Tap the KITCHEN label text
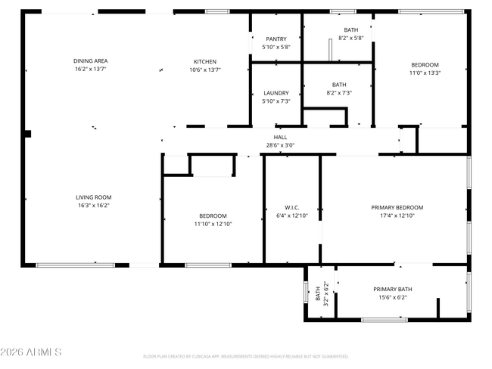tap(205, 61)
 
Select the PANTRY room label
tap(276, 39)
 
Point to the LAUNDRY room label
tap(276, 93)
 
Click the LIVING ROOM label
tap(93, 197)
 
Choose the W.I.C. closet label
tap(292, 207)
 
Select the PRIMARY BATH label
tap(392, 290)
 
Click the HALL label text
tap(280, 137)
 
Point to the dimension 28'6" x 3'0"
tap(280, 145)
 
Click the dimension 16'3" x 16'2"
tap(93, 206)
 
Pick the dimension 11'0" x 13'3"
tap(425, 73)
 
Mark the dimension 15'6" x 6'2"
tap(392, 298)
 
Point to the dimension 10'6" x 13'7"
tap(205, 70)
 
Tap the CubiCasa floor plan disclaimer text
tap(245, 356)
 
